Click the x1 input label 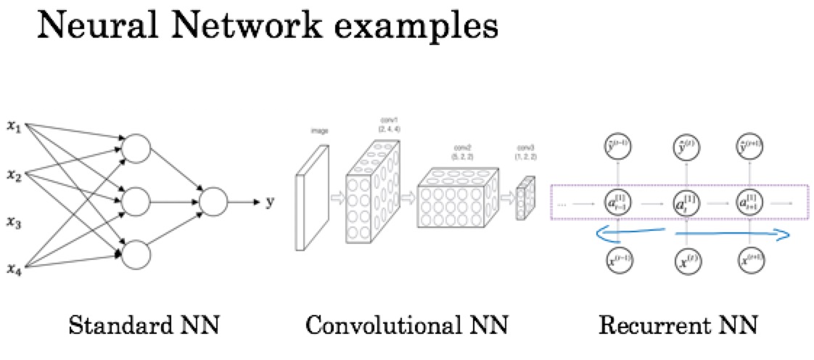pos(13,128)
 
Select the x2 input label pos(13,174)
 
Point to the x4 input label pos(13,269)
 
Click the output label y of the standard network pos(270,202)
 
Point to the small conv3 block pos(525,197)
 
